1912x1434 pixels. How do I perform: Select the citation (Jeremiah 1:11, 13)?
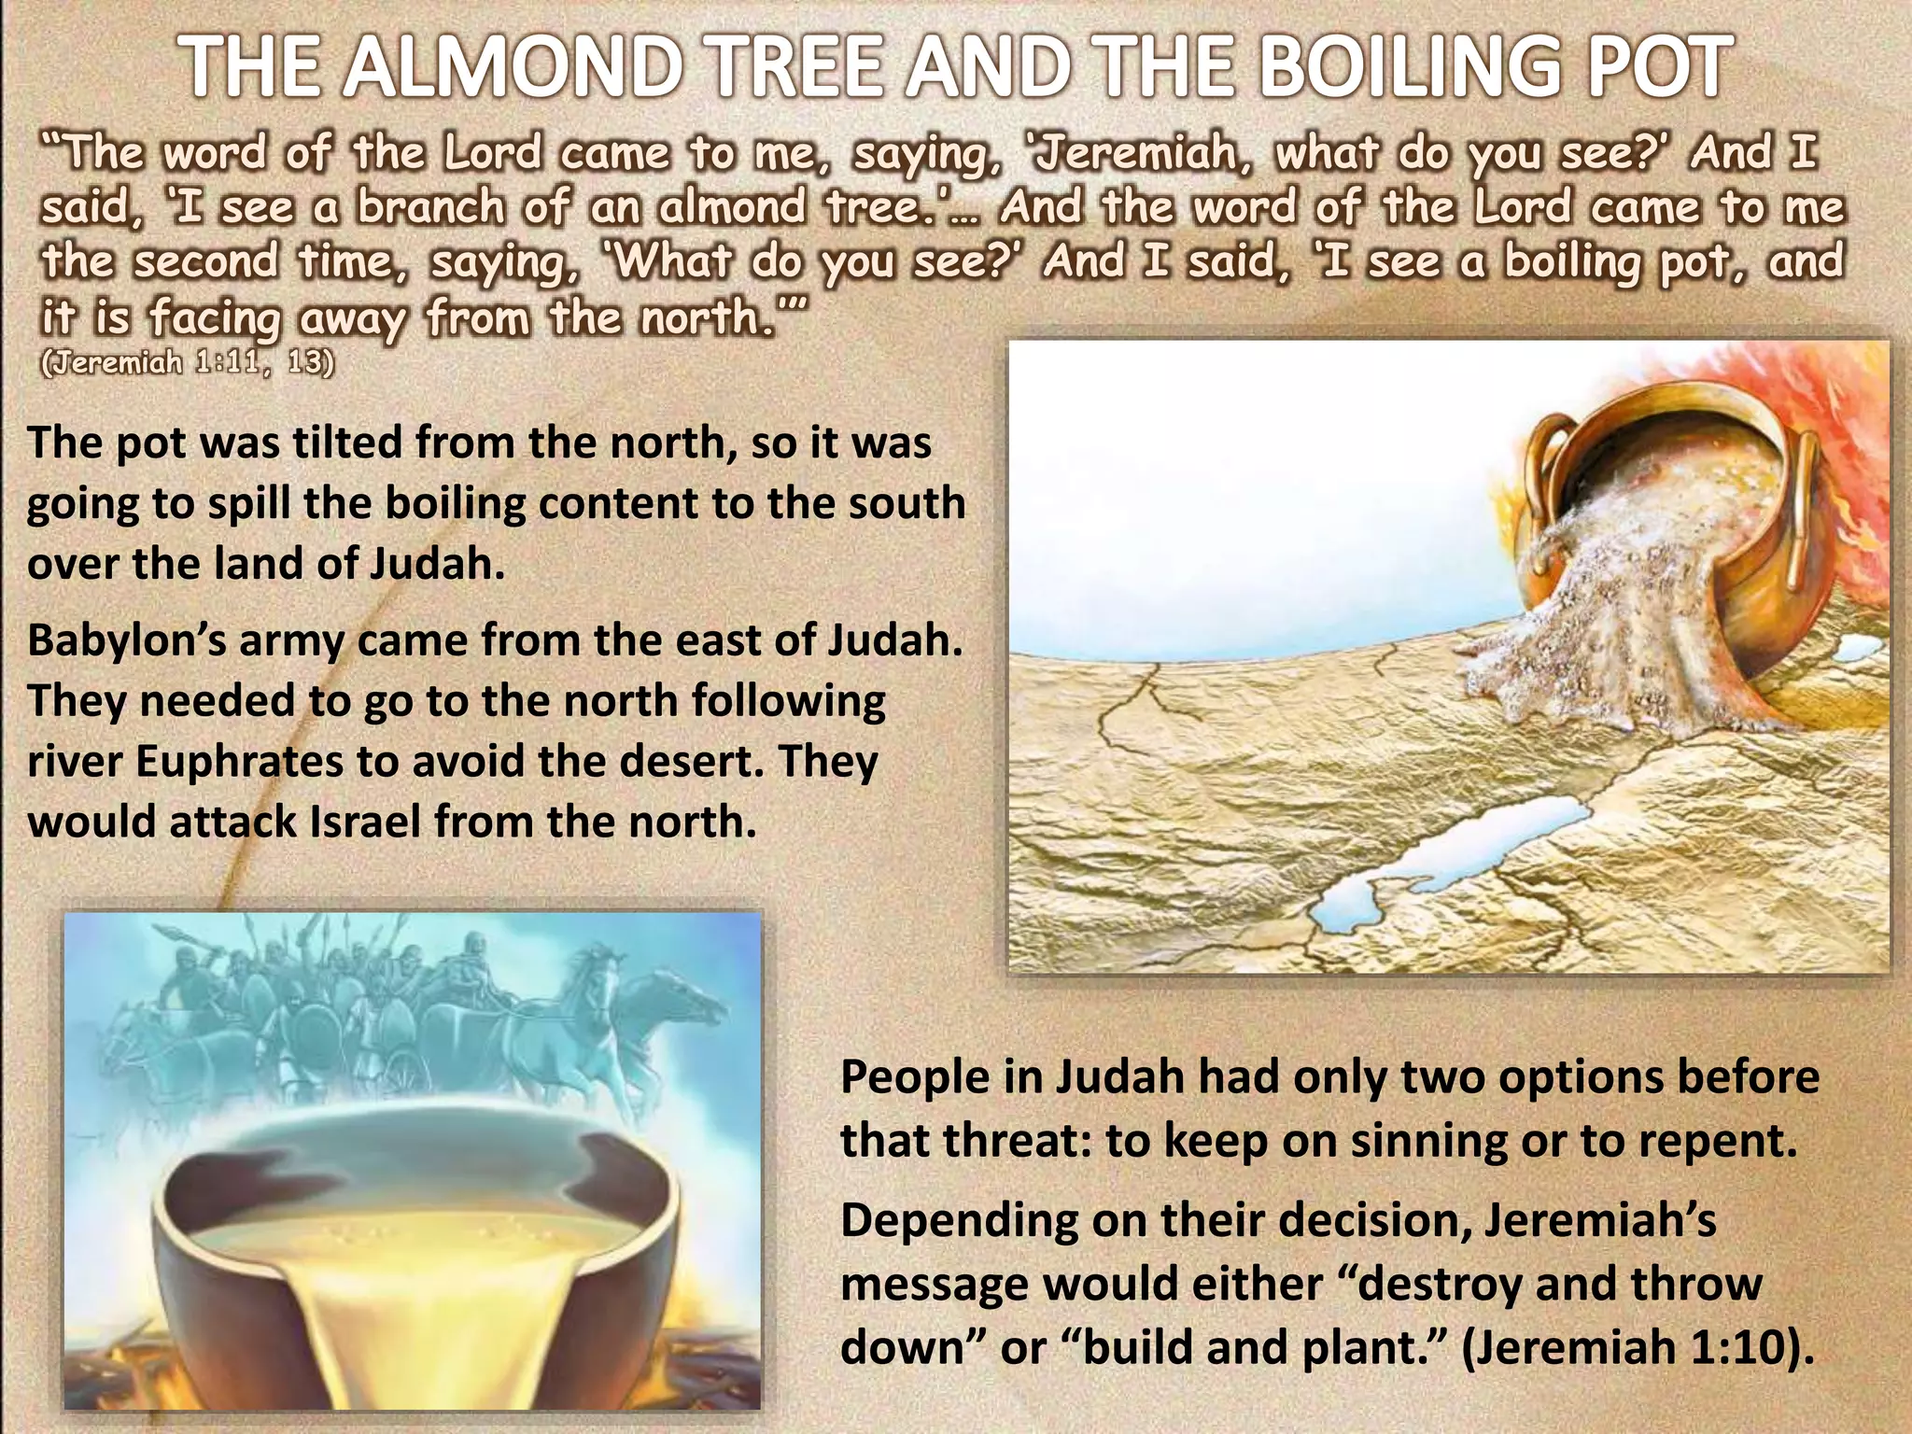point(187,362)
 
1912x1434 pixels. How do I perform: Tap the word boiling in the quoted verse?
point(1572,262)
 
